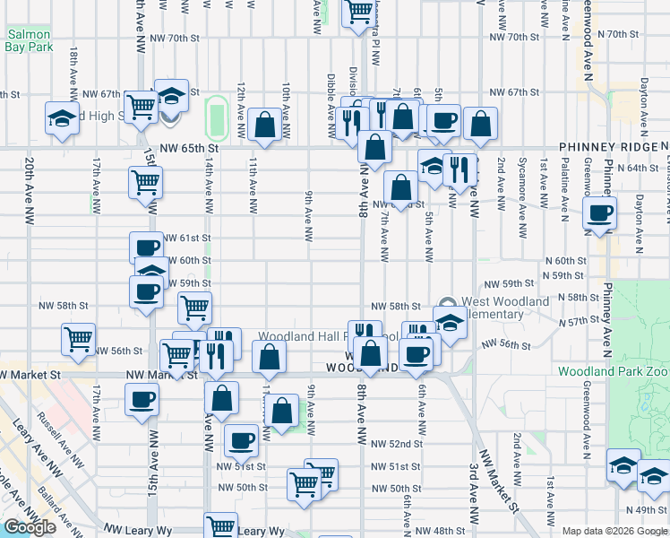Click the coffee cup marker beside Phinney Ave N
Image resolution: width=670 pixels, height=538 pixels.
[x=599, y=213]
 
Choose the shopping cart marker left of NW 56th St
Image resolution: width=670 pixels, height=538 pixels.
[x=79, y=339]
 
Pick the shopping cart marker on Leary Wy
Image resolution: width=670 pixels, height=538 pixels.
[x=220, y=526]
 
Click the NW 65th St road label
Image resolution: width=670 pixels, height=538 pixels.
[x=189, y=147]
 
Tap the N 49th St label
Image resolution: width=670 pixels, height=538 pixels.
[x=652, y=510]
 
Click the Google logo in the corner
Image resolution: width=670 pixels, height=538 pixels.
[x=30, y=527]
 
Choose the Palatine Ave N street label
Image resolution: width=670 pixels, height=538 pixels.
[x=564, y=189]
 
